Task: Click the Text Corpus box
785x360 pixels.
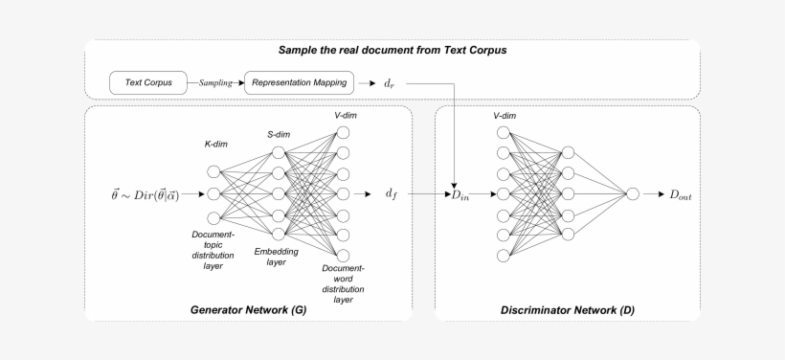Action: click(147, 83)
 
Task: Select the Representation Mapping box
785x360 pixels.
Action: click(300, 83)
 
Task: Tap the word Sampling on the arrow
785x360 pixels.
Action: click(215, 83)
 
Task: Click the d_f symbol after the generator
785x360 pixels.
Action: click(391, 194)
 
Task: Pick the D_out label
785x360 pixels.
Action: click(680, 194)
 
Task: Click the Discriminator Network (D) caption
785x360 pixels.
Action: click(567, 310)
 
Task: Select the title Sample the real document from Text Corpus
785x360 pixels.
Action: click(392, 50)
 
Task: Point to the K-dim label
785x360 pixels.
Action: click(215, 145)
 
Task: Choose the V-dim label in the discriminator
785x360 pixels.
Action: click(505, 115)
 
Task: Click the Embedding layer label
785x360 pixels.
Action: click(276, 256)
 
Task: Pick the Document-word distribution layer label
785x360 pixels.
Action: click(343, 282)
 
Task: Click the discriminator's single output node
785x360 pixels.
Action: click(632, 194)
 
